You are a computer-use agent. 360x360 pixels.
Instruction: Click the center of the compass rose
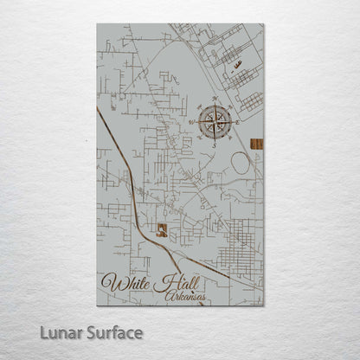[x=215, y=122]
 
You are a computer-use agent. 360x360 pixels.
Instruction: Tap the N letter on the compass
[x=215, y=99]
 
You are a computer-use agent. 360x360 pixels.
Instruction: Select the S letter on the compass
[x=215, y=145]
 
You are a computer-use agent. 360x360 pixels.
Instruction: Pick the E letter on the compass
[x=238, y=122]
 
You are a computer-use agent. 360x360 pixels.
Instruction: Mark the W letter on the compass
[x=191, y=122]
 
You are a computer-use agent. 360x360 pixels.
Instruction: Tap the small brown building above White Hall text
[x=161, y=230]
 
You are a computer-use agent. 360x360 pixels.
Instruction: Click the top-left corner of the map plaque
[x=98, y=25]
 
